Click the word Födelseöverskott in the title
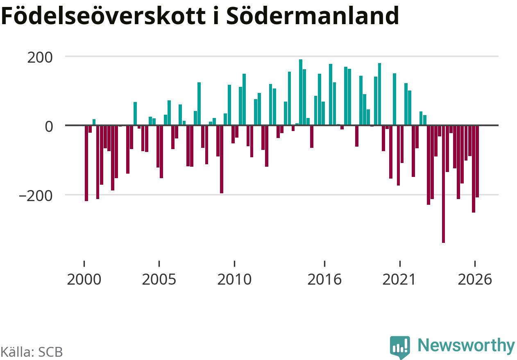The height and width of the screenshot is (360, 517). (x=103, y=16)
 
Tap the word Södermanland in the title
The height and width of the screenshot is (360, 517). (x=313, y=16)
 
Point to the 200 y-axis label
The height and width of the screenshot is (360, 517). (x=40, y=57)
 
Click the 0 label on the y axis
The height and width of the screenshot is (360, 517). (x=49, y=127)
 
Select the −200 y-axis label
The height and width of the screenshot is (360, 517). (x=36, y=196)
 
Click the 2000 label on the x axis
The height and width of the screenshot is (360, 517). (x=84, y=279)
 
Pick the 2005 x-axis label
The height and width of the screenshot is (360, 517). (x=159, y=279)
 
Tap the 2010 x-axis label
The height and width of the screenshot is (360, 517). (x=234, y=279)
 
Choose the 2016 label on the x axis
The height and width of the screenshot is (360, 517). (x=324, y=279)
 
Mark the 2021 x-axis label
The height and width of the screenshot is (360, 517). (x=400, y=279)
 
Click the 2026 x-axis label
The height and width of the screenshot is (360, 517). (x=475, y=279)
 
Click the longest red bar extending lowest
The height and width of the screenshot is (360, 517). (x=443, y=184)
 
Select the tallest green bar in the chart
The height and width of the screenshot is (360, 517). (x=301, y=92)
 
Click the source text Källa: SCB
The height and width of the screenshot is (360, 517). (x=32, y=352)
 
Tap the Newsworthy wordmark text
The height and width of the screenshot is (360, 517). (x=466, y=345)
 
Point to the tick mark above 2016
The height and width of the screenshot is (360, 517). (x=324, y=263)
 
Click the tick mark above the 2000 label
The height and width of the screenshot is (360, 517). (x=84, y=263)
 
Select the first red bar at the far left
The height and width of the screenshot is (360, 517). (x=86, y=163)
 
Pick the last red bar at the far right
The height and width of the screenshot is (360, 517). (x=477, y=161)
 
